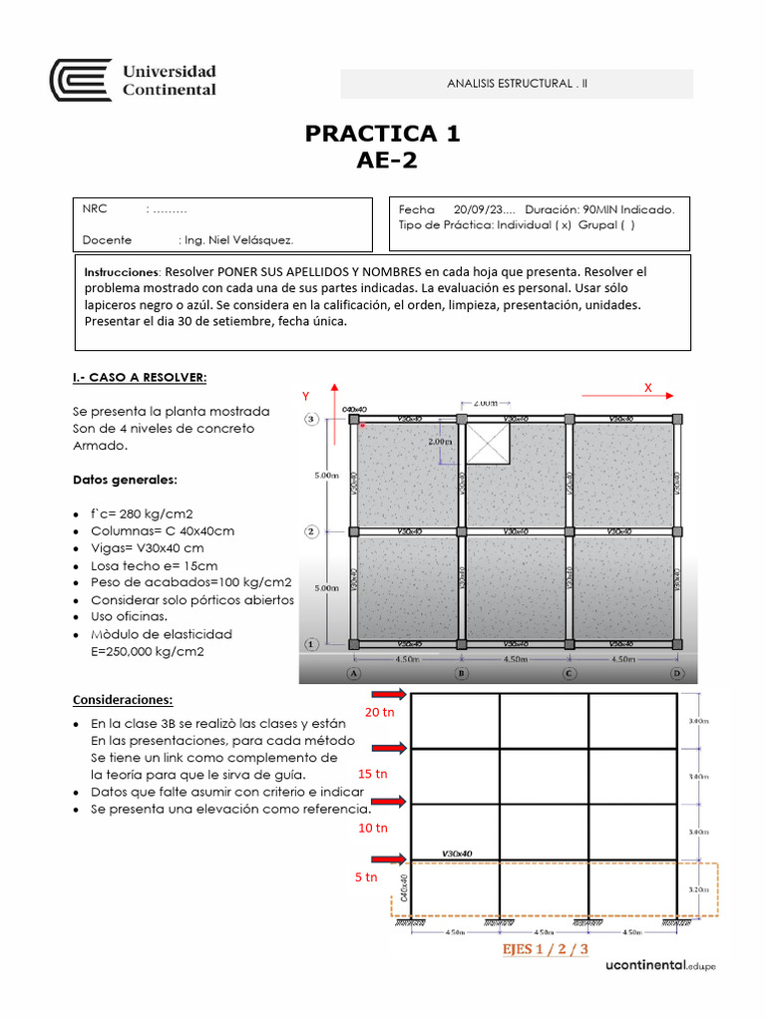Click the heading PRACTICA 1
pyautogui.click(x=383, y=134)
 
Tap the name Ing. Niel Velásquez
pyautogui.click(x=238, y=239)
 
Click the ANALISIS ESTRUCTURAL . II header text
pyautogui.click(x=518, y=84)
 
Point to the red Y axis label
pyautogui.click(x=307, y=397)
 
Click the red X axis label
pyautogui.click(x=647, y=387)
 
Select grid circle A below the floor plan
pyautogui.click(x=353, y=673)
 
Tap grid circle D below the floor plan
pyautogui.click(x=677, y=673)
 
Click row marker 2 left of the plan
pyautogui.click(x=311, y=531)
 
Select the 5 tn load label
pyautogui.click(x=366, y=877)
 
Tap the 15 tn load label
pyautogui.click(x=371, y=774)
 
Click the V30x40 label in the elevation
pyautogui.click(x=457, y=853)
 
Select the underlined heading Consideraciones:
pyautogui.click(x=122, y=699)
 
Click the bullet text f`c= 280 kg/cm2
pyautogui.click(x=142, y=512)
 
